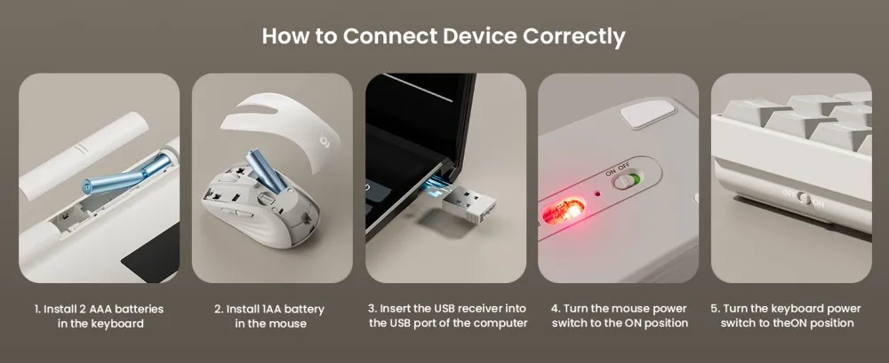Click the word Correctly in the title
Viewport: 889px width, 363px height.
573,36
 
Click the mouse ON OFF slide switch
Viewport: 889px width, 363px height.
628,181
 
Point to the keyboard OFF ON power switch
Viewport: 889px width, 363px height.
803,198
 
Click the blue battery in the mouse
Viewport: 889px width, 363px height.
266,170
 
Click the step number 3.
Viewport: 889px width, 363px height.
372,309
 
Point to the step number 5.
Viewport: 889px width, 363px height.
715,309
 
